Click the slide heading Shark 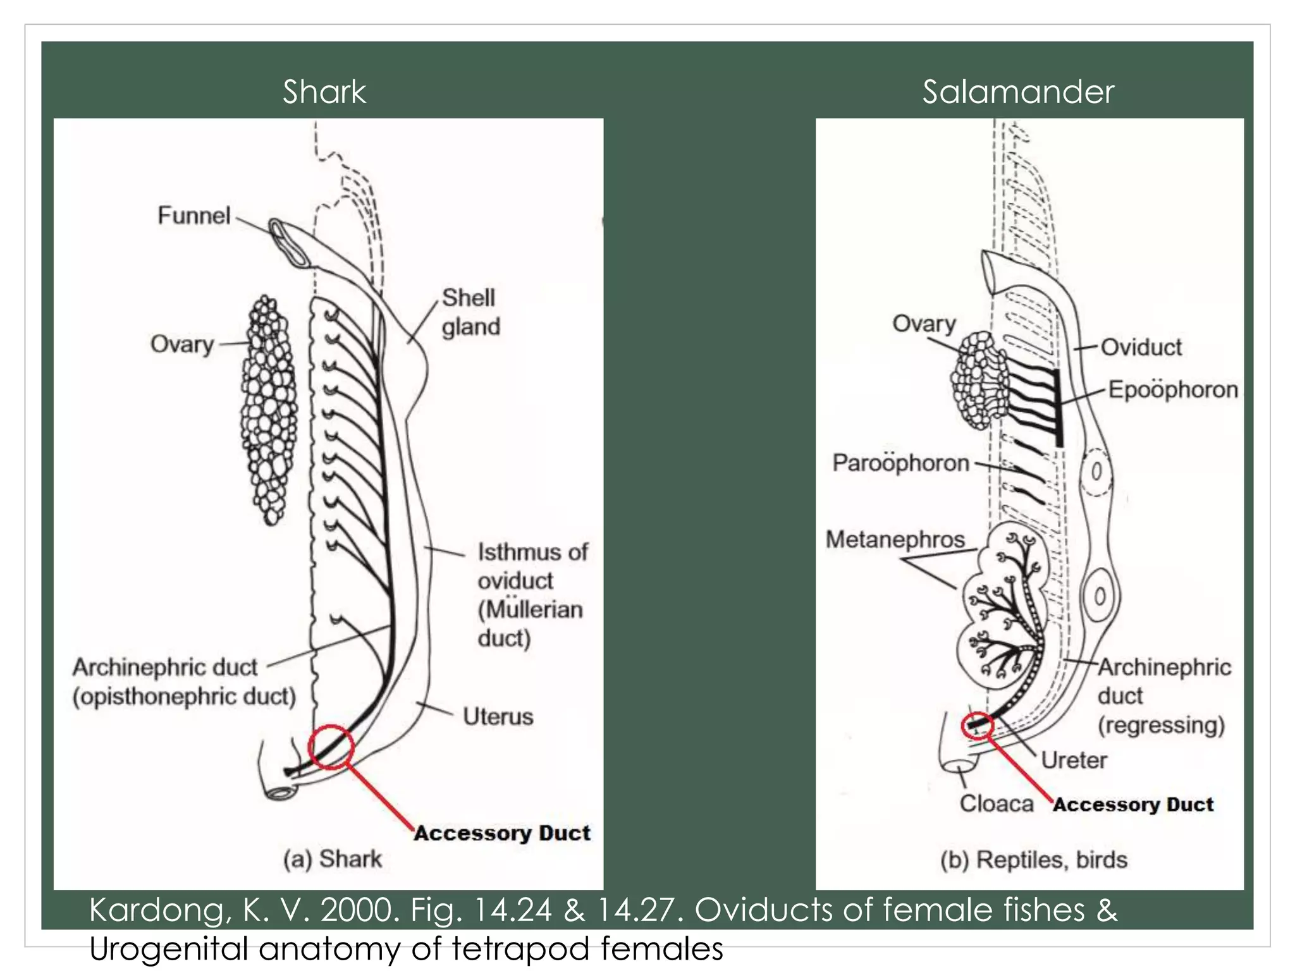pos(324,92)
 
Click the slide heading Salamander pos(1017,92)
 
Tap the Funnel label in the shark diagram pos(193,216)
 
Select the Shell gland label pos(470,312)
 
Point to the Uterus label pos(498,717)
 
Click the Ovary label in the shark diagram pos(182,345)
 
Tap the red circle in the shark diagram pos(330,747)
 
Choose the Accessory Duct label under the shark pos(502,833)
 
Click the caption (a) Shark pos(333,859)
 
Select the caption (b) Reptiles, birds pos(1033,860)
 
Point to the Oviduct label pos(1141,347)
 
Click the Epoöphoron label pos(1173,390)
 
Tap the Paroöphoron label pos(900,463)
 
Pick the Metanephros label pos(895,539)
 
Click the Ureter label pos(1074,760)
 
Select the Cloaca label pos(996,803)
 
